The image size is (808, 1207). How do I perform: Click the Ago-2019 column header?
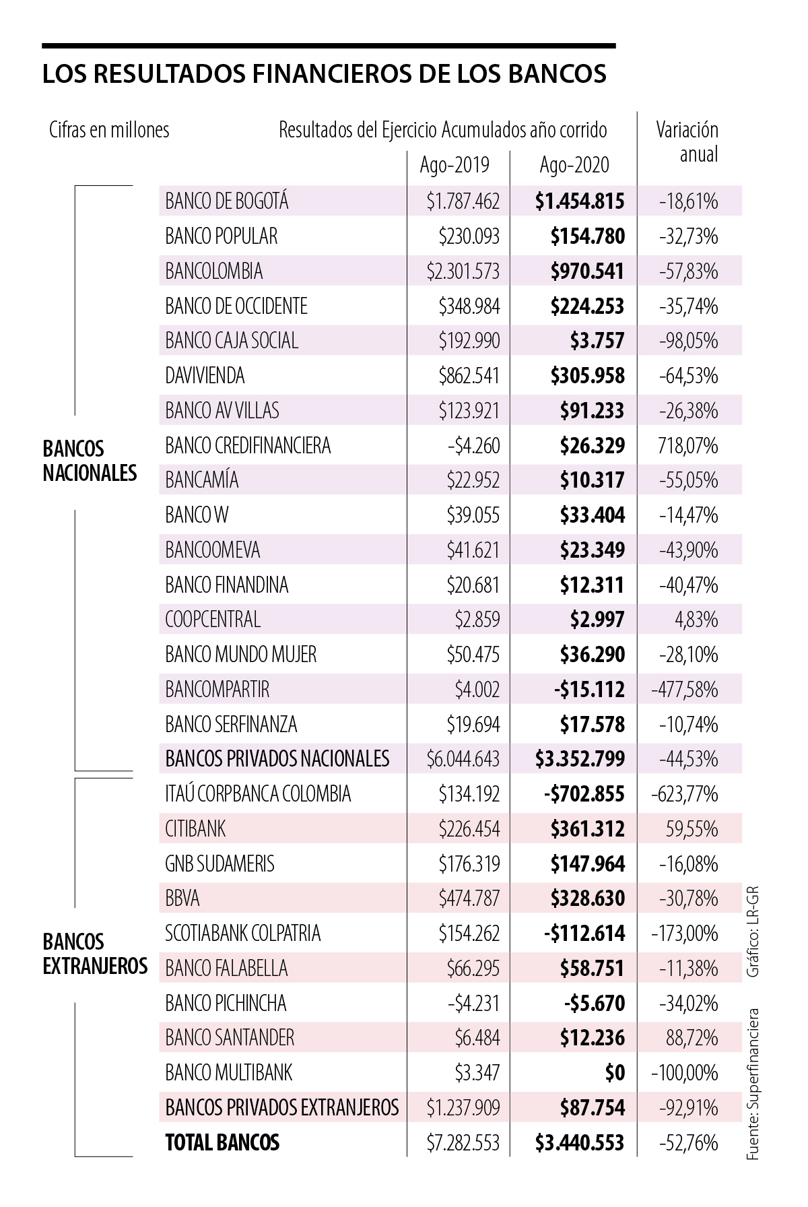454,164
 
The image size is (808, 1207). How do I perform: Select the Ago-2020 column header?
574,164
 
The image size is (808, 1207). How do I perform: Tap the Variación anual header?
687,141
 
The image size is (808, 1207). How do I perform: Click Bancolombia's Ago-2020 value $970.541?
587,271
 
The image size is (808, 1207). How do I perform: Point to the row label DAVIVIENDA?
205,375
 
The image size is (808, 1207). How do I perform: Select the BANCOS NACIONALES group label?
90,461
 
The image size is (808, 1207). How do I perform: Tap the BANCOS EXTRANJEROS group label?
95,954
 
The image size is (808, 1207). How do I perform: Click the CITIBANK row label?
195,828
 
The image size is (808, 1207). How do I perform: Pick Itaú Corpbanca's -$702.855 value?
584,793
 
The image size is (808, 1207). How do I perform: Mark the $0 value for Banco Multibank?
615,1072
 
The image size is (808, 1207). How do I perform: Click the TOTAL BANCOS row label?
222,1142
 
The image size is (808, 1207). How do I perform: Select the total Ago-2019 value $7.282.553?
463,1142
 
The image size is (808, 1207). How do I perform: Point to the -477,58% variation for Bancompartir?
684,689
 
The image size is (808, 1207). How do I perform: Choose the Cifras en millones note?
109,129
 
